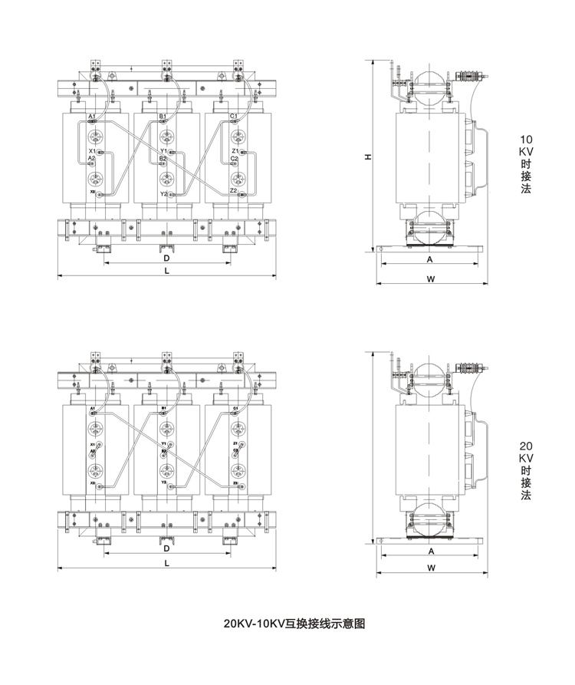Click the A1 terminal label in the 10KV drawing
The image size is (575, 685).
[91, 116]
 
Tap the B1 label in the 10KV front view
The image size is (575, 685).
[163, 116]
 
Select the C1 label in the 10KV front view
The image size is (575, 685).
[234, 116]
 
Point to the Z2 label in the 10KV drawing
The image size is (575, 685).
[233, 190]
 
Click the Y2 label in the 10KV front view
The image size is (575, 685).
[163, 195]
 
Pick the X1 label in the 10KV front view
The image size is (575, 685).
[92, 151]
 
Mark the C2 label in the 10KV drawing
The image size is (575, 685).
[234, 158]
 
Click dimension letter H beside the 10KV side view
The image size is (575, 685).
[368, 156]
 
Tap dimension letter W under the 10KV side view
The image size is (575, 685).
[431, 278]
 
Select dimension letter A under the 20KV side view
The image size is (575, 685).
[431, 551]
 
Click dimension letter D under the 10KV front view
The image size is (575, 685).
[166, 259]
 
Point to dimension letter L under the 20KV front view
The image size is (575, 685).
[166, 562]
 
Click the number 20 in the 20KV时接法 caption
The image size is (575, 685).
[526, 445]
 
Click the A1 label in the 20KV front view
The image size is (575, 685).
[93, 408]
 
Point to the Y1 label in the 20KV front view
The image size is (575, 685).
[163, 444]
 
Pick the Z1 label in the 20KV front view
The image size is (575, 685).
[235, 444]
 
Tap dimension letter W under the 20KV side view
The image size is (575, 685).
[431, 568]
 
